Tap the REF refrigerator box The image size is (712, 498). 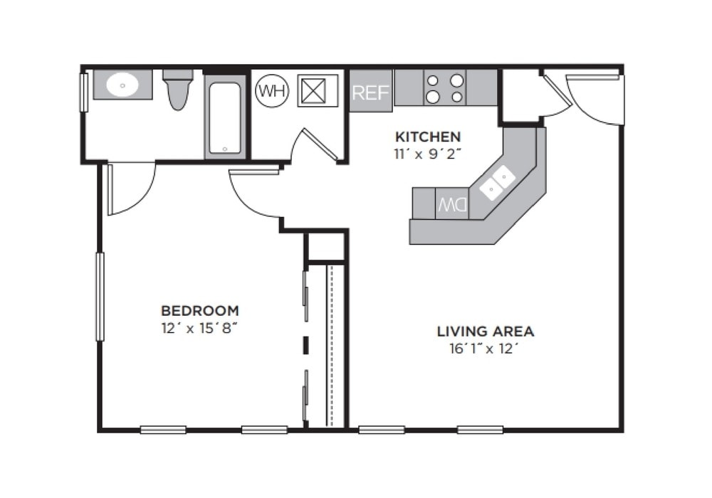pyautogui.click(x=370, y=92)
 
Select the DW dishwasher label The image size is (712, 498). pyautogui.click(x=452, y=205)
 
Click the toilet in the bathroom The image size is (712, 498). pyautogui.click(x=177, y=90)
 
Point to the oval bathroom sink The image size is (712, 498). pyautogui.click(x=122, y=85)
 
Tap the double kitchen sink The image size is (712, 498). pyautogui.click(x=497, y=182)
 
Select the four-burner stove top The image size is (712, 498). pyautogui.click(x=445, y=88)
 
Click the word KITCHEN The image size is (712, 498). pyautogui.click(x=428, y=137)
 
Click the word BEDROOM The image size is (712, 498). pyautogui.click(x=199, y=311)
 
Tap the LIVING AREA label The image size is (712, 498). pyautogui.click(x=485, y=332)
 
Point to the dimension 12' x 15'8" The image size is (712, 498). pyautogui.click(x=199, y=329)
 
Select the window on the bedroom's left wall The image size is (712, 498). pyautogui.click(x=100, y=296)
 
